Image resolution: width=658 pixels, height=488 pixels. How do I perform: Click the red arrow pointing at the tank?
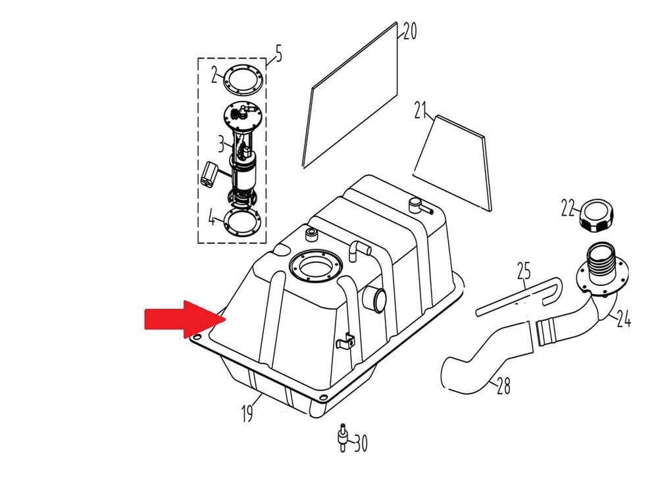pos(185,320)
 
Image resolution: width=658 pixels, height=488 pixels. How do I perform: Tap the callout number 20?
pos(410,31)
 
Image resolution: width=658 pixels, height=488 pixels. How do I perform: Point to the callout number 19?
pos(247,412)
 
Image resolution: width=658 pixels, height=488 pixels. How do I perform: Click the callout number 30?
pos(361,443)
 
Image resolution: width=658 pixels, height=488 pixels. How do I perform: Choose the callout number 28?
pos(503,385)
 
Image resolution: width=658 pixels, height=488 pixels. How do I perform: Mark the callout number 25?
pos(524,271)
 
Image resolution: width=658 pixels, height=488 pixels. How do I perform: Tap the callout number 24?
pos(624,320)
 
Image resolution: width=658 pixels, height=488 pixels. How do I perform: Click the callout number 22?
pos(568,207)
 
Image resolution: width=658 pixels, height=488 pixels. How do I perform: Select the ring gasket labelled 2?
pos(243,80)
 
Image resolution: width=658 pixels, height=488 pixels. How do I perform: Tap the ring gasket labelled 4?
pos(243,222)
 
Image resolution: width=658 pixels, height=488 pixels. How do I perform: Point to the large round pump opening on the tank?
pos(316,266)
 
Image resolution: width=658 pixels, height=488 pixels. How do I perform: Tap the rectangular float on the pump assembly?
pos(209,174)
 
